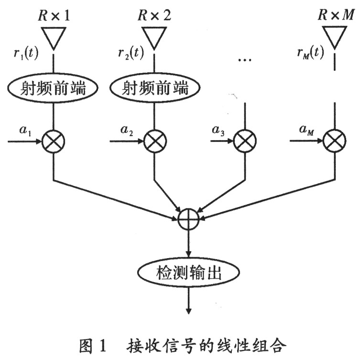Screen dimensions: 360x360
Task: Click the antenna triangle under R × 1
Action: [53, 36]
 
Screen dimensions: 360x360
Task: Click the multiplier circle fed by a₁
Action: [53, 142]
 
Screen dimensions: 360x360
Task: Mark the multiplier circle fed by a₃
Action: [245, 142]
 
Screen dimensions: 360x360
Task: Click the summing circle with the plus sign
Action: [189, 219]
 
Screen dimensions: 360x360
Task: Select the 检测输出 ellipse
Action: [189, 273]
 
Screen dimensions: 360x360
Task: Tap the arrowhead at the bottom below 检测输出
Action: [189, 310]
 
